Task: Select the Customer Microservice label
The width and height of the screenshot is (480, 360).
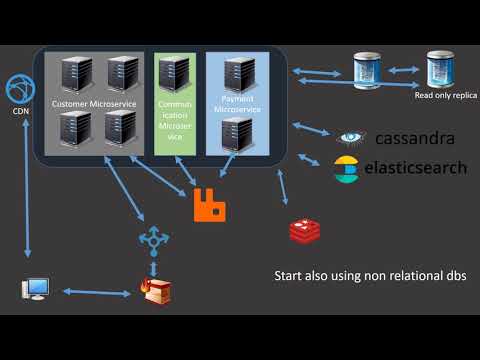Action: point(92,103)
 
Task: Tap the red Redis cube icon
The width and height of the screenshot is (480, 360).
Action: point(304,231)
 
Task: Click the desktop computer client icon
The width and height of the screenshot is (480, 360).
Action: point(35,291)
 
